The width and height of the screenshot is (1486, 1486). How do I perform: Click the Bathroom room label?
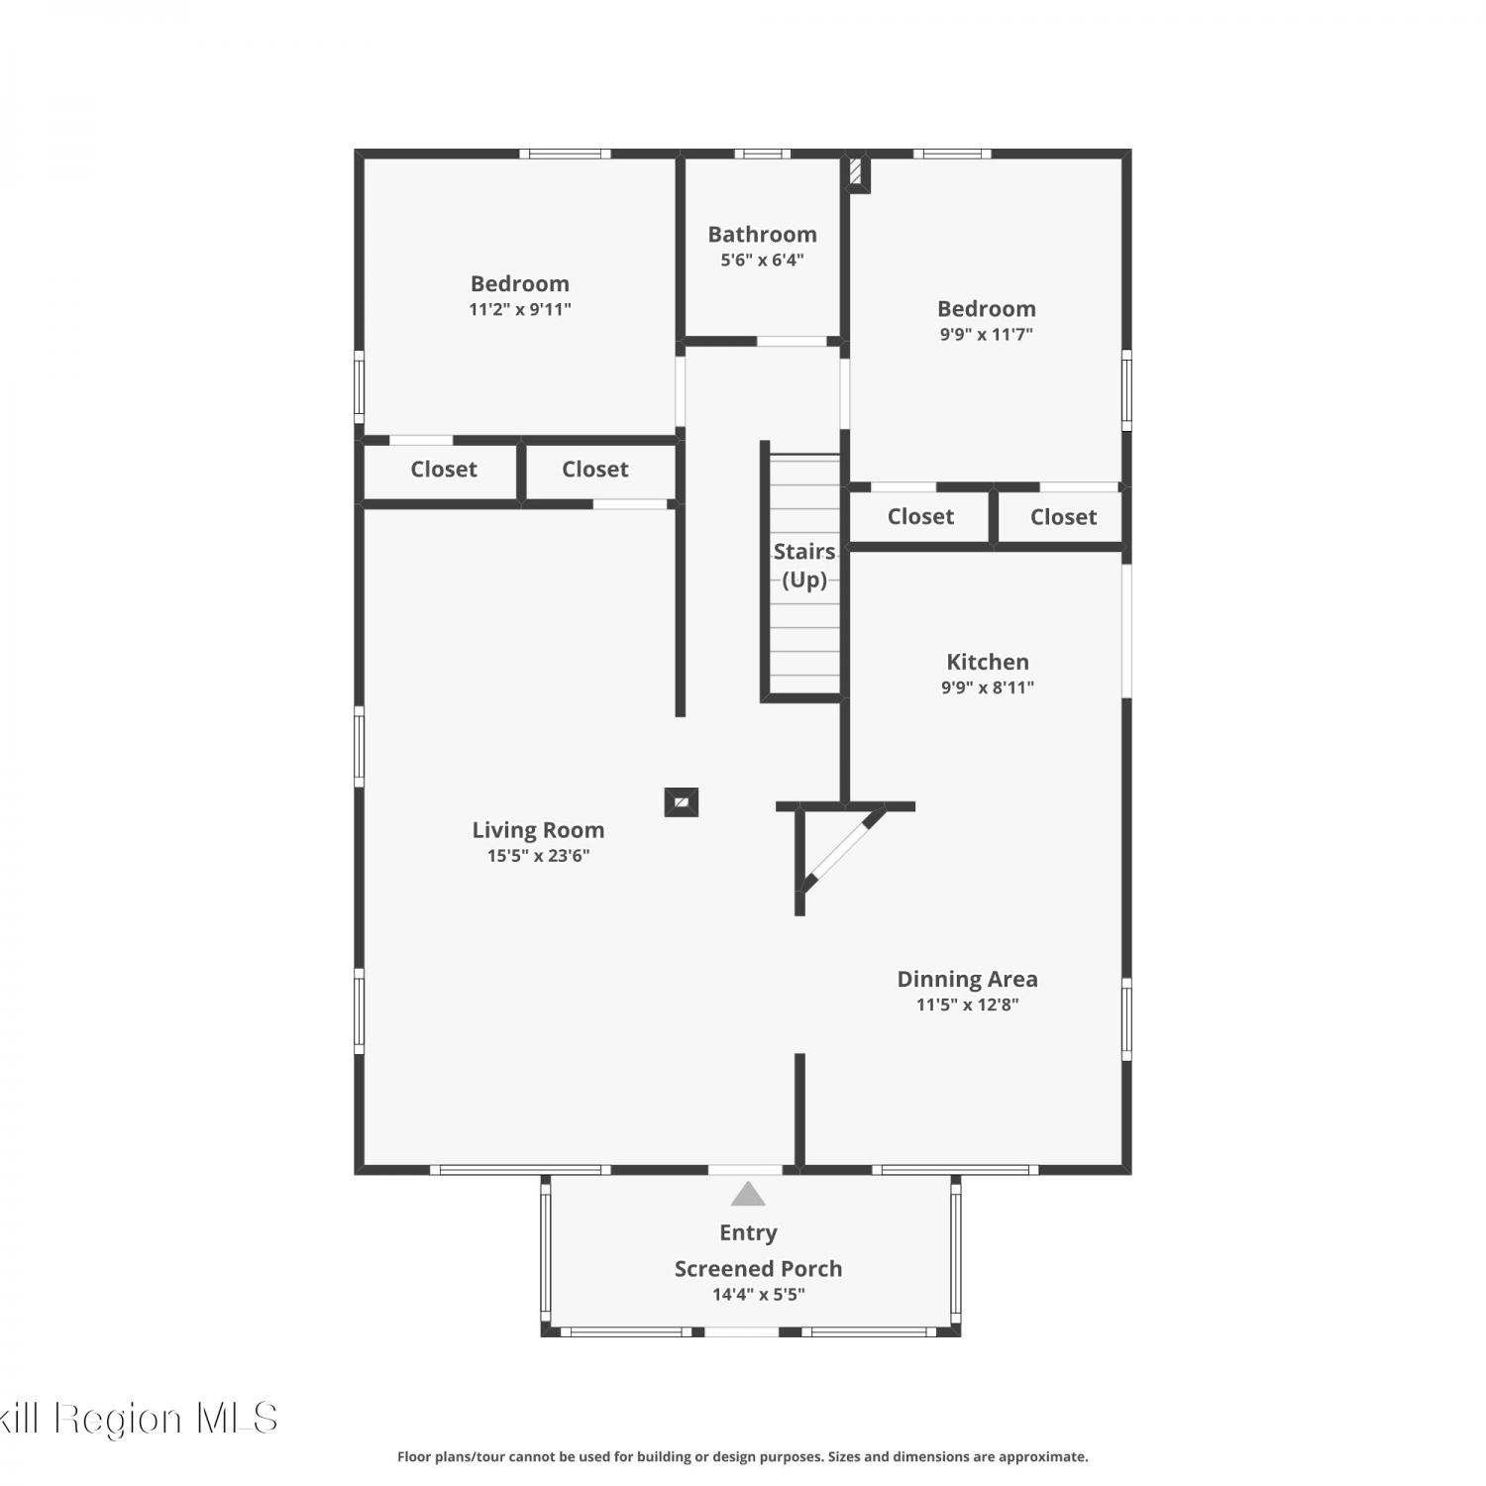click(x=762, y=235)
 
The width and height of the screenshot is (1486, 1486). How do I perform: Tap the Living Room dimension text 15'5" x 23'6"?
click(x=538, y=856)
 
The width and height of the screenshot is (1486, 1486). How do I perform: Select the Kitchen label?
click(x=988, y=662)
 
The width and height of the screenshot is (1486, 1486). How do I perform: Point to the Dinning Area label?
click(x=968, y=979)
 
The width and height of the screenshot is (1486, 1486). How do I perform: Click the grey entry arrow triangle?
click(x=748, y=1195)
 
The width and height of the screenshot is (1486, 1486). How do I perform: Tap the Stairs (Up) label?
click(x=804, y=565)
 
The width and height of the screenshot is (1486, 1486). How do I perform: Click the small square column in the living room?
click(x=682, y=801)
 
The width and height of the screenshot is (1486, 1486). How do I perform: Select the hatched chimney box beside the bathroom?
click(x=858, y=173)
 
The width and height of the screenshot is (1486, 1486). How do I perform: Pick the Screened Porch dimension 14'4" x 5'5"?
click(x=759, y=1295)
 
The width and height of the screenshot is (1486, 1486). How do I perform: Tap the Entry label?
click(x=748, y=1233)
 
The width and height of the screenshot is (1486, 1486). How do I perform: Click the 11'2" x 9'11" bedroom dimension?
click(x=520, y=309)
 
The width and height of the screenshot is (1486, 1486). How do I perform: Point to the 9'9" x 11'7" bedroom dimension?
click(x=987, y=335)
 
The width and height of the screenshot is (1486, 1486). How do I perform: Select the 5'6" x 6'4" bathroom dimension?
click(x=762, y=261)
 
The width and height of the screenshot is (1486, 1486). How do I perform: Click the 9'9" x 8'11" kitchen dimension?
click(x=988, y=688)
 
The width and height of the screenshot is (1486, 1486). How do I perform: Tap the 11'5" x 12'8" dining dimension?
click(x=968, y=1005)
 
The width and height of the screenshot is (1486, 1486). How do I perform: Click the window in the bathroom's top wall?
click(x=762, y=154)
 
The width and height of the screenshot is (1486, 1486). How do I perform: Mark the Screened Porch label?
click(x=759, y=1269)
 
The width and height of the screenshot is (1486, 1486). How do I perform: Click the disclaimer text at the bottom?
click(x=743, y=1456)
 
